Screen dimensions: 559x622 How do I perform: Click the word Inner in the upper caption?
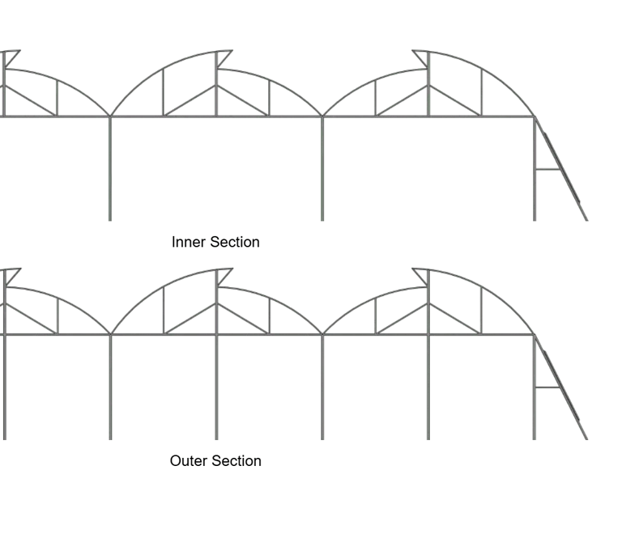[186, 242]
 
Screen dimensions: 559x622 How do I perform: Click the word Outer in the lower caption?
[187, 461]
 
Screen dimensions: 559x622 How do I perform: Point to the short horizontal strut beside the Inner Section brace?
[547, 169]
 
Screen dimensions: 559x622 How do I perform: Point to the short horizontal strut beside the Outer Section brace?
[547, 387]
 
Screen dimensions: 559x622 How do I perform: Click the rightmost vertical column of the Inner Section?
[535, 178]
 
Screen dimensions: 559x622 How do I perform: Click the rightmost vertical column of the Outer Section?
[535, 396]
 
